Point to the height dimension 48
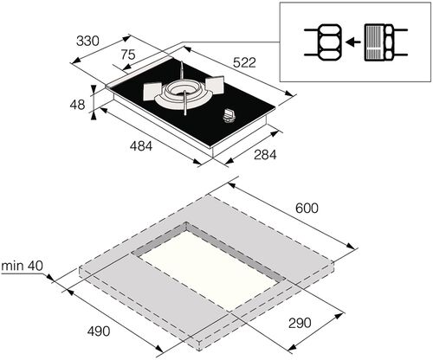tap(78, 103)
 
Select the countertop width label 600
tap(307, 209)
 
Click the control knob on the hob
tap(230, 114)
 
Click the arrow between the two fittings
tap(351, 41)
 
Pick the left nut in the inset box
tap(322, 41)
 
